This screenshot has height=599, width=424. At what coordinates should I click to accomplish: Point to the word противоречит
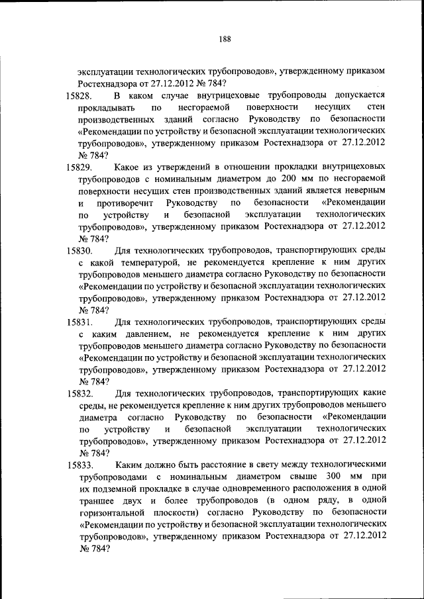125,203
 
